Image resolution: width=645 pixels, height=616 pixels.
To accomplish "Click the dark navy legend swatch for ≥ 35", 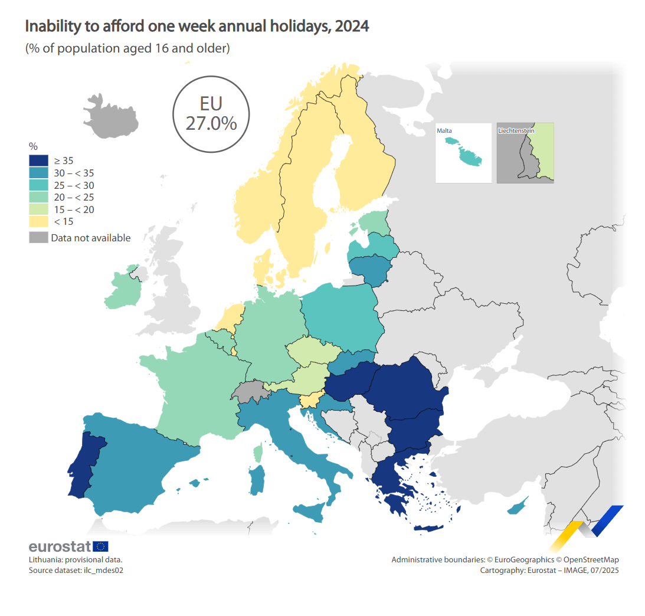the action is click(x=39, y=160).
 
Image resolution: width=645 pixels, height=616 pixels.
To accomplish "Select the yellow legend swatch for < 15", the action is click(x=39, y=221).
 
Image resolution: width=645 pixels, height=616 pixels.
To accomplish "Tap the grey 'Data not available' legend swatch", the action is click(x=39, y=237).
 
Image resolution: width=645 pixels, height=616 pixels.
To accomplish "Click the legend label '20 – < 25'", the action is click(x=74, y=198).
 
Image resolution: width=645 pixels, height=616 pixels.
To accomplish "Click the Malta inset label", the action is click(x=444, y=131).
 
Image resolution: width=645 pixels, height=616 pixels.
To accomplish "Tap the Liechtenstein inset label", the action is click(x=516, y=131).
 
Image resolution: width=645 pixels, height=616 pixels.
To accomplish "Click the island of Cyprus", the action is click(x=518, y=507).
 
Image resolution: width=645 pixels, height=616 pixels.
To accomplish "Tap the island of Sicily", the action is click(x=309, y=511).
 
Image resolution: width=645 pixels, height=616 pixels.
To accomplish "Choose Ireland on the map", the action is click(x=123, y=289).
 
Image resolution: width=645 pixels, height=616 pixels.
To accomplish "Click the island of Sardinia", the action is click(x=257, y=480).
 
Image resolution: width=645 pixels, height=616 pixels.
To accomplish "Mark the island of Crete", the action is click(x=428, y=529).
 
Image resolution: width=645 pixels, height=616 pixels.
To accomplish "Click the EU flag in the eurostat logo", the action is click(x=100, y=546).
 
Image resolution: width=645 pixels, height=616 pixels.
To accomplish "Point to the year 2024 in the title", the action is click(x=352, y=27).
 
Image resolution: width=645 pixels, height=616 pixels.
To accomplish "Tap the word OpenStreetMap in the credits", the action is click(x=591, y=560).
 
